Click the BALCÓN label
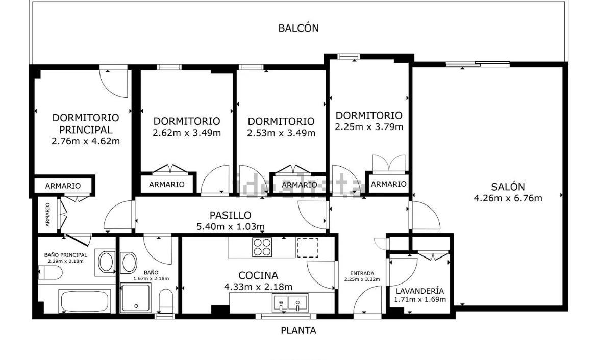point(298,28)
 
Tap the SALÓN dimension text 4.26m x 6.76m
point(508,198)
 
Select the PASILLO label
point(230,215)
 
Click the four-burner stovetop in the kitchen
point(262,247)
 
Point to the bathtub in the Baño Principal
point(85,301)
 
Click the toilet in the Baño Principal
point(50,272)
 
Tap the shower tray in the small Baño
point(136,298)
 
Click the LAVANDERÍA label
point(419,291)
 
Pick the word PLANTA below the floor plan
point(298,331)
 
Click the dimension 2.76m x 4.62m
point(86,142)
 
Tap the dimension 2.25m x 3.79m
point(369,127)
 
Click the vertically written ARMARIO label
point(47,215)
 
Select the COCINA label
point(258,275)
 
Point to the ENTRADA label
point(362,273)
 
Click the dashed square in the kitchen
point(308,247)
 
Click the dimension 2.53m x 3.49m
point(281,133)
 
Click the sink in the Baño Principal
point(106,262)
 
